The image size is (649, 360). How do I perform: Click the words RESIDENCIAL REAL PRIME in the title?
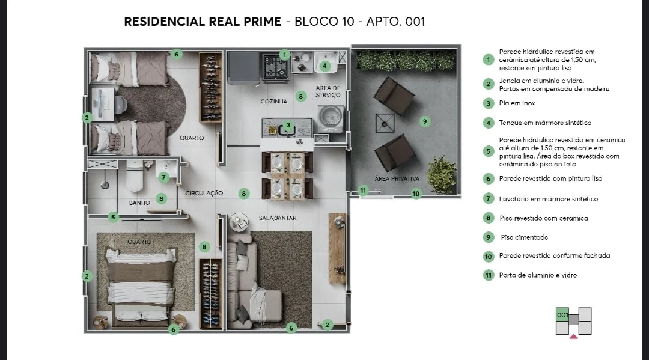[202, 22]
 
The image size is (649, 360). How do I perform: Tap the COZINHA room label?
[273, 102]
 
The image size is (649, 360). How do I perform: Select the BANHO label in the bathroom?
[139, 203]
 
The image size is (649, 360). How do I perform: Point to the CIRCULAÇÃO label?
[204, 194]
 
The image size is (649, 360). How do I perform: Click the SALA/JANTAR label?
[278, 218]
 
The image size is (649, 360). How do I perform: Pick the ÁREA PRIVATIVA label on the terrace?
[397, 179]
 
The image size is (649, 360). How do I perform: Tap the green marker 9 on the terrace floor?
[425, 121]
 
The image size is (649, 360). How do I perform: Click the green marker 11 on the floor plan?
[363, 191]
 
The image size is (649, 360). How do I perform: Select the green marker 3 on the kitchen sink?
[288, 126]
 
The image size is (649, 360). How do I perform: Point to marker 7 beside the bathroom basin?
[163, 177]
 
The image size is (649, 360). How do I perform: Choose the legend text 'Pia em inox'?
[517, 103]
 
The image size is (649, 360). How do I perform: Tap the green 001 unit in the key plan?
[562, 315]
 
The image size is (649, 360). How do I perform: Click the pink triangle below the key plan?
[574, 337]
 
